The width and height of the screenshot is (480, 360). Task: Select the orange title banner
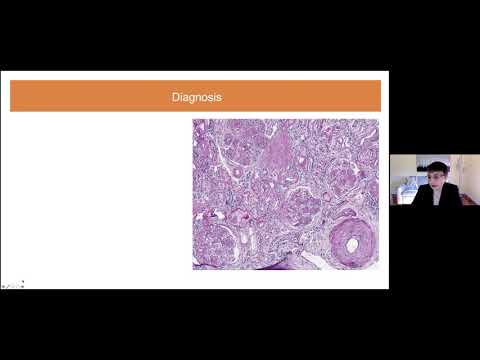(100, 97)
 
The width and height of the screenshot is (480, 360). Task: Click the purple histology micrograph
(285, 190)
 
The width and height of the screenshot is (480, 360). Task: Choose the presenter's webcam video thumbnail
(434, 180)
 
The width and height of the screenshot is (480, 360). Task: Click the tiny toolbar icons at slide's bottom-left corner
(12, 284)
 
